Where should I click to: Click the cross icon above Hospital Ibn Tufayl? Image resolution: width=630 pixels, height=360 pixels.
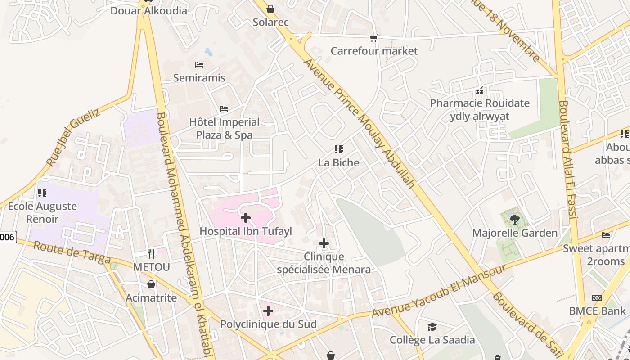coord(246,218)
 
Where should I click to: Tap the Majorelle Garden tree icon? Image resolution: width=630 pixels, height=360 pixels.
coord(514,220)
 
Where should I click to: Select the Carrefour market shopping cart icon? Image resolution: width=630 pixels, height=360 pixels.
coord(373,38)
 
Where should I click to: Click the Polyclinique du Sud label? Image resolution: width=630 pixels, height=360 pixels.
coord(268,324)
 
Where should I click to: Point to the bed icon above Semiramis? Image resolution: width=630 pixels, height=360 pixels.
coord(199,65)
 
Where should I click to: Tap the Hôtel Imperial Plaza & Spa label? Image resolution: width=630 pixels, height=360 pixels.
coord(224,129)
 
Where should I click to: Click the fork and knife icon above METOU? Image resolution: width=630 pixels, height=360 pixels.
coord(151,254)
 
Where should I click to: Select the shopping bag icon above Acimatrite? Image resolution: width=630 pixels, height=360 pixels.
coord(151,284)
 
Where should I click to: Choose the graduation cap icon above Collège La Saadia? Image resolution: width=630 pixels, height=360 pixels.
coord(432,327)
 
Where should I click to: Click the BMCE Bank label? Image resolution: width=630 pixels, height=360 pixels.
coord(597,311)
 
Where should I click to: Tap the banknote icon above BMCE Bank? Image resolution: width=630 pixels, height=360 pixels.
coord(597,298)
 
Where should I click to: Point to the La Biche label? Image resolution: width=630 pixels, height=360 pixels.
coord(339,162)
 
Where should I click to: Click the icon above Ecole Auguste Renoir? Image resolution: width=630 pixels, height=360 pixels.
coord(42,193)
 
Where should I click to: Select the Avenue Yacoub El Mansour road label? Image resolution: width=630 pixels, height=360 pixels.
coord(439,291)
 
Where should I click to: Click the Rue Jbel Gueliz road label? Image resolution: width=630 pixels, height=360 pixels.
coord(73,137)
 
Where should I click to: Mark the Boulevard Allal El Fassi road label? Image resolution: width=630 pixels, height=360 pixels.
coord(567,160)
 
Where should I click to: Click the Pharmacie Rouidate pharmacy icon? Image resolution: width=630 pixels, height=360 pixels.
coord(480,90)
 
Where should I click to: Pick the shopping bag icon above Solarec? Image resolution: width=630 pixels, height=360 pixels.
coord(270,9)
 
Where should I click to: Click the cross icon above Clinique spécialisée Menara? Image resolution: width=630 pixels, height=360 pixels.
coord(324,244)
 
